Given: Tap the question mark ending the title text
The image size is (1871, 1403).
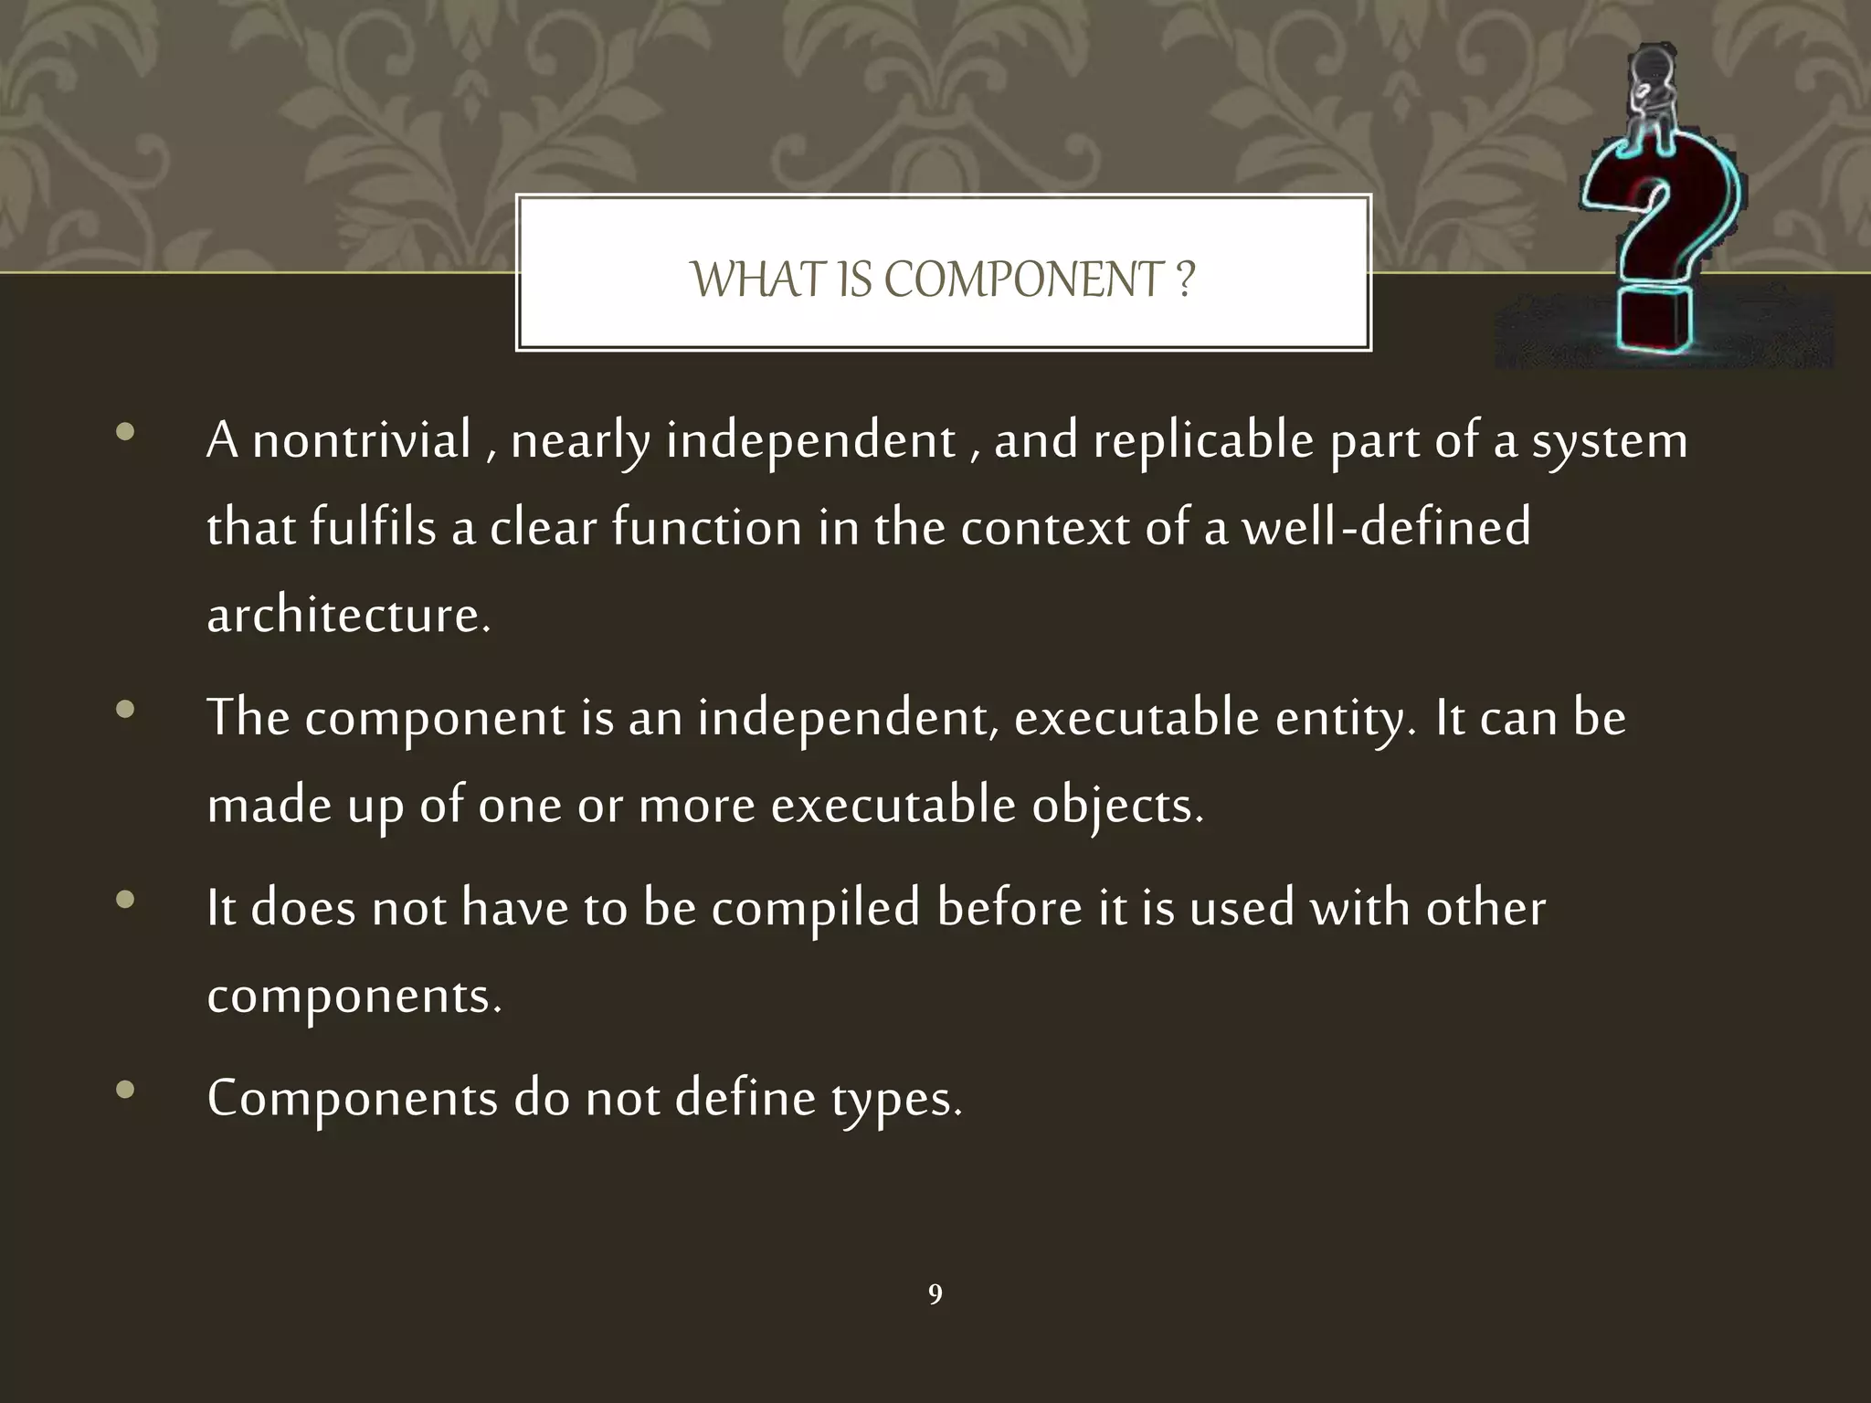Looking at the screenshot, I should coord(1185,280).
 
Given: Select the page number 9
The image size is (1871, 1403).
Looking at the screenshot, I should coord(935,1294).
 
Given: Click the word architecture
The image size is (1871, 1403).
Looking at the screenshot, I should coord(348,615).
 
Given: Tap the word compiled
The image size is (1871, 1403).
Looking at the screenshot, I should coord(815,910).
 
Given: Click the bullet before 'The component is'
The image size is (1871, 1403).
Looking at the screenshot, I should coord(126,709).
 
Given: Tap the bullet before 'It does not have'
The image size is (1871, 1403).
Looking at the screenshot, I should coord(126,900).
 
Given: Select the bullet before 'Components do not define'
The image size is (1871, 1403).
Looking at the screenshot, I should coord(126,1090).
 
